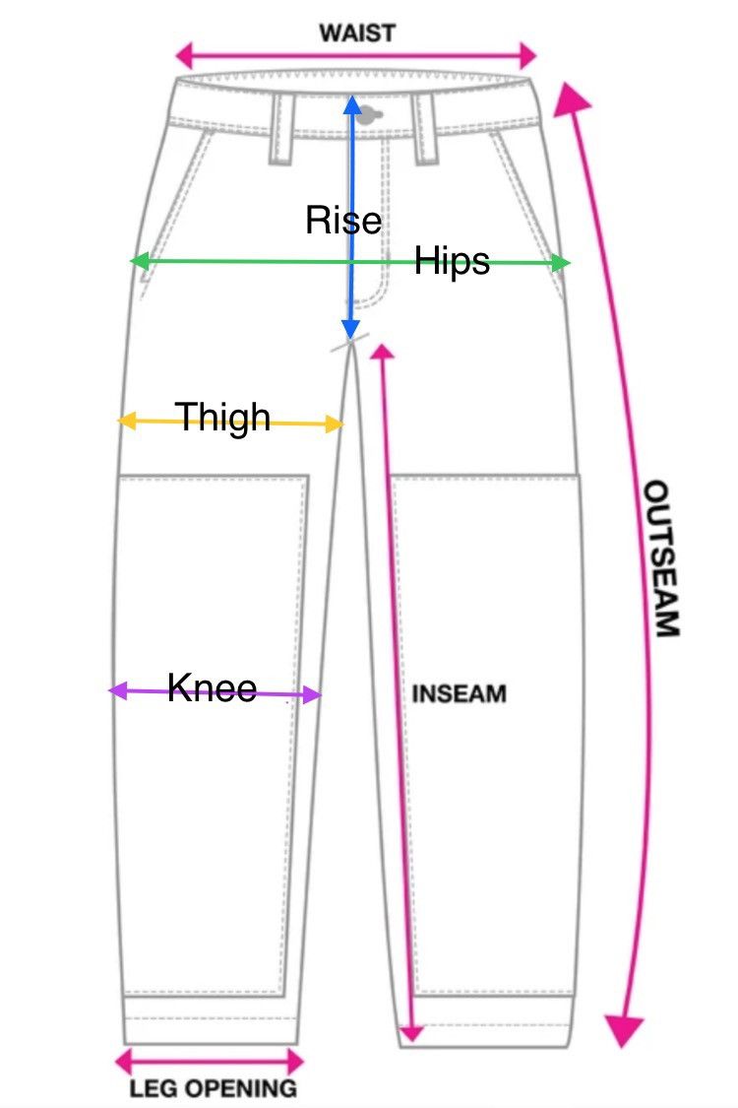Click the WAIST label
click(x=356, y=33)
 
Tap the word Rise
click(x=343, y=220)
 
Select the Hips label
click(x=452, y=262)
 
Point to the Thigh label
click(x=223, y=417)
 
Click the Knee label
click(x=212, y=687)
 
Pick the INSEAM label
click(x=460, y=694)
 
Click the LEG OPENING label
click(x=214, y=1087)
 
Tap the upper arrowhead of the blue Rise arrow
click(x=352, y=104)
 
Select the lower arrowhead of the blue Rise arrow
click(x=351, y=329)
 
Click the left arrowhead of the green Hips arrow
click(x=140, y=261)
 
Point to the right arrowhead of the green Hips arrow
click(x=561, y=263)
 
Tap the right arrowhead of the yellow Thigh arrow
click(x=334, y=424)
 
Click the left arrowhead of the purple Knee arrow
click(x=119, y=690)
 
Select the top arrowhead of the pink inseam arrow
click(x=382, y=352)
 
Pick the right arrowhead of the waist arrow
click(x=527, y=55)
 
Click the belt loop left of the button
click(x=281, y=129)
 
